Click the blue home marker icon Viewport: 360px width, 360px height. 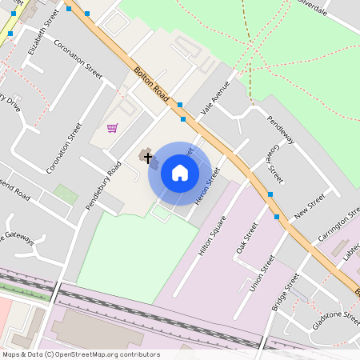180,173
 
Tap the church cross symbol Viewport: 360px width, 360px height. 147,157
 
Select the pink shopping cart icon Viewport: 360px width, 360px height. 112,128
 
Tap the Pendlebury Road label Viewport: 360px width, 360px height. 103,186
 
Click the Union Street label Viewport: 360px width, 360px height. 262,274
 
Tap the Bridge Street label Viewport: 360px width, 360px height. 285,292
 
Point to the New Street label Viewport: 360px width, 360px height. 309,206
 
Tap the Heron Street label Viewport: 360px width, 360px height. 207,186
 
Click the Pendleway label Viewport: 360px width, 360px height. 281,130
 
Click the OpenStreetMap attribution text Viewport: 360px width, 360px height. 80,354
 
